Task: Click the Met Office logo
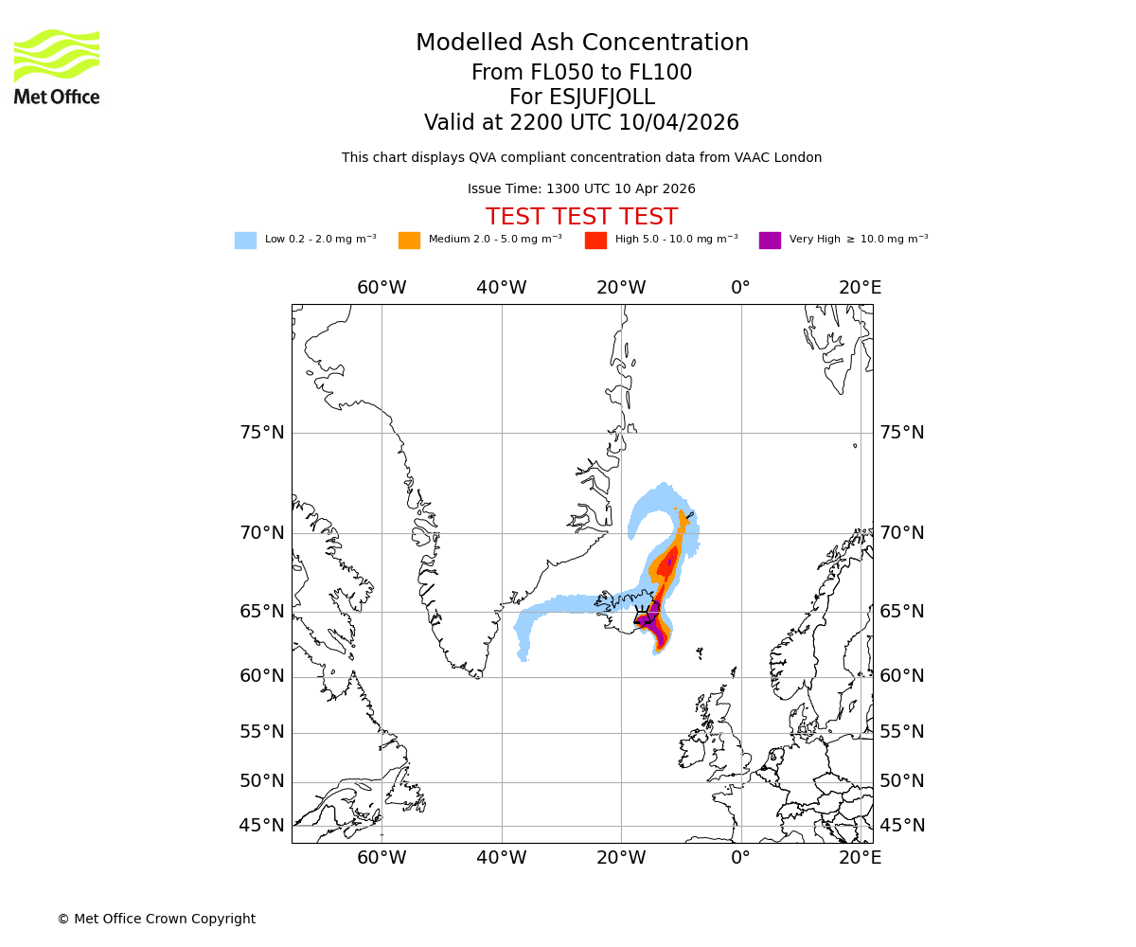click(57, 66)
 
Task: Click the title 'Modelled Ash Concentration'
click(581, 44)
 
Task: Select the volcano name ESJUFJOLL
click(581, 98)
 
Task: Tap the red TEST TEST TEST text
click(581, 217)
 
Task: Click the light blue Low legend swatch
click(245, 241)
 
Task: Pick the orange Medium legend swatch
click(409, 241)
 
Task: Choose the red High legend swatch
click(595, 241)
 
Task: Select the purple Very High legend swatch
click(770, 241)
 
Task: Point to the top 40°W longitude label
click(501, 288)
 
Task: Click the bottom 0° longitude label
click(740, 858)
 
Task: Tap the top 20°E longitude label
click(860, 288)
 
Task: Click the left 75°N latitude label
click(261, 433)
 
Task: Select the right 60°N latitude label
click(902, 676)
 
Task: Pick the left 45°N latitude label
click(261, 826)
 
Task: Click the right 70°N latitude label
click(902, 532)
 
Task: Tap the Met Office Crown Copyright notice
click(156, 919)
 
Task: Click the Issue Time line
click(581, 188)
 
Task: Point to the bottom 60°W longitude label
click(382, 858)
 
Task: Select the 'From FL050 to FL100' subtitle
click(581, 73)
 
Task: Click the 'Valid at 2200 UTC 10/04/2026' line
click(581, 123)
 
